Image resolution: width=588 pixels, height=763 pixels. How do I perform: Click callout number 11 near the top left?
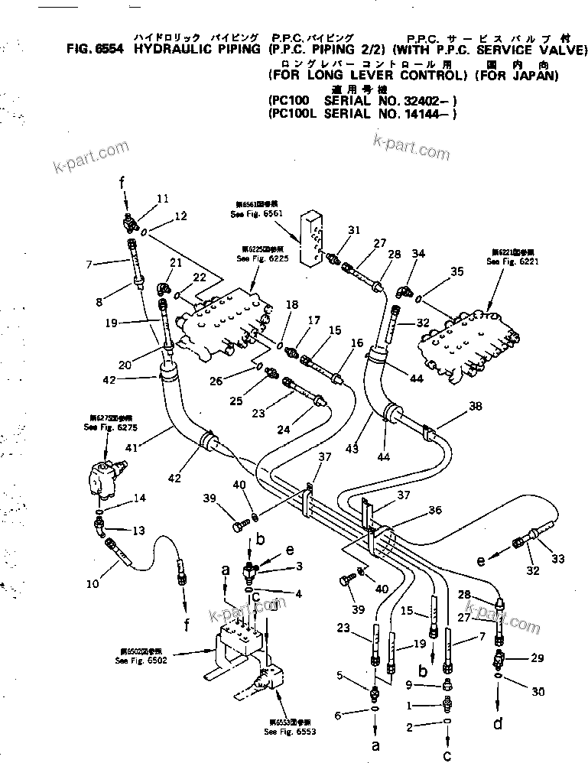tap(161, 199)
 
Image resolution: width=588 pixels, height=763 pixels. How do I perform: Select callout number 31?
tap(353, 229)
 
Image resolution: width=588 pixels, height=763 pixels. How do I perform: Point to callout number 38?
tap(475, 407)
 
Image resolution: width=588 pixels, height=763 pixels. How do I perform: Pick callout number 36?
tap(434, 511)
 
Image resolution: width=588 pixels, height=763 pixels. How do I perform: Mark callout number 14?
tap(138, 498)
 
